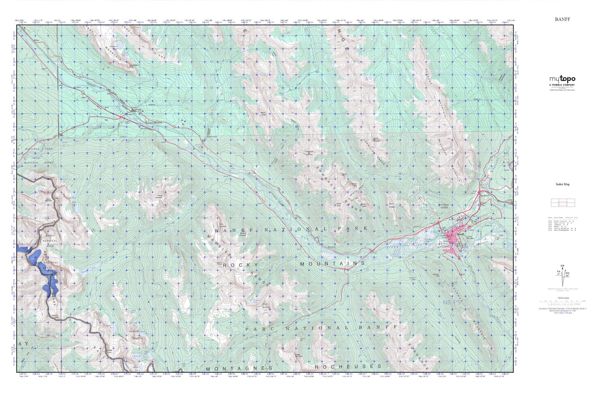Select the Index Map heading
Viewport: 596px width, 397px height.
click(562, 185)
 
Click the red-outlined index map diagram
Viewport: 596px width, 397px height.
click(562, 202)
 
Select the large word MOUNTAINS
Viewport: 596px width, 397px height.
click(332, 263)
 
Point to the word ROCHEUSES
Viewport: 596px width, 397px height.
click(348, 366)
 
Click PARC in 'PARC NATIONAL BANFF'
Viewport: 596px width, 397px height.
click(258, 329)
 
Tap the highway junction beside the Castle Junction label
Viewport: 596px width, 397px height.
click(120, 117)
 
